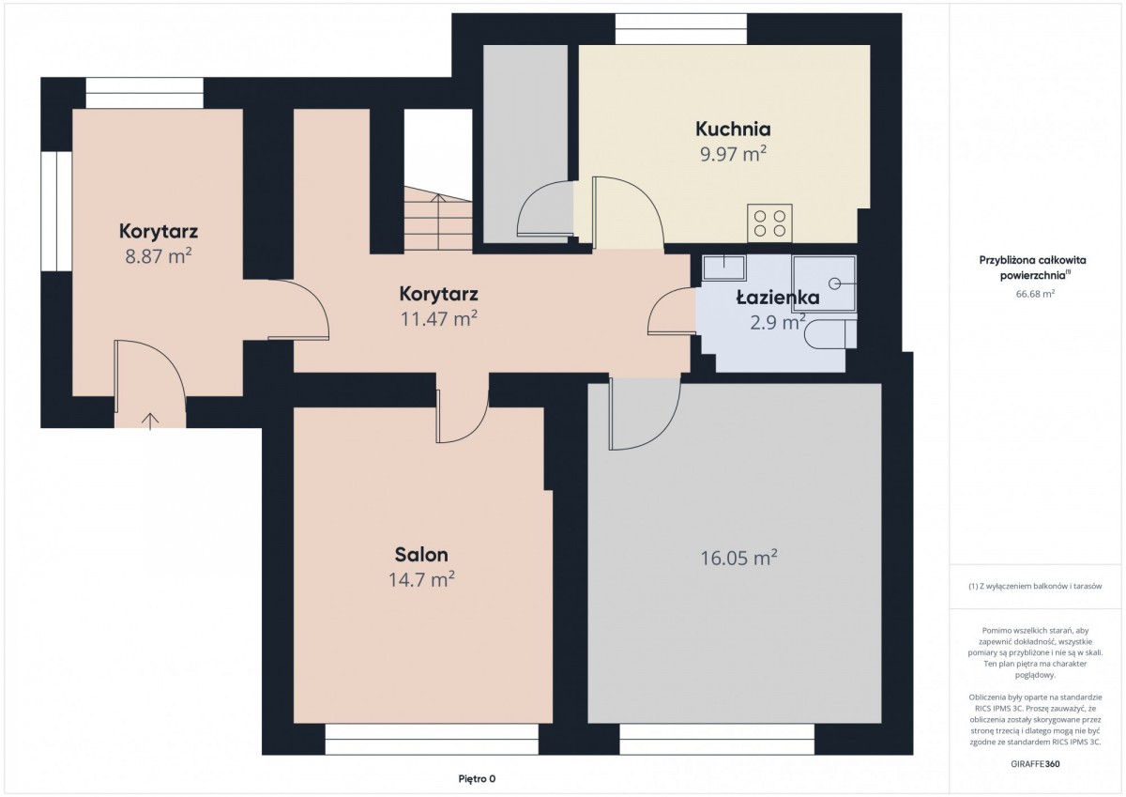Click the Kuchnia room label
coord(733,130)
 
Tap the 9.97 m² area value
coord(734,154)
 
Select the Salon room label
coord(421,555)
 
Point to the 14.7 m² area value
coord(421,579)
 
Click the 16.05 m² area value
coord(739,558)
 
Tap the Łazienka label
coord(778,298)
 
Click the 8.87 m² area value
coord(159,256)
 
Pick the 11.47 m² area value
coord(438,319)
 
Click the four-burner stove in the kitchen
coord(769,223)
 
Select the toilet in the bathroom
coord(829,334)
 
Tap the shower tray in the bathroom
coord(824,284)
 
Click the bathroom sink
coord(723,267)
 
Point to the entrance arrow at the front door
coord(150,421)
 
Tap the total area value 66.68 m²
coord(1035,294)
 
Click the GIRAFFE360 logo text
coord(1035,764)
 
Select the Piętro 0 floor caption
coord(477,779)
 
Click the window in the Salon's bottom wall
coord(432,739)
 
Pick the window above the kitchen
coord(681,29)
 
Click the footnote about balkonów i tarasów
coord(1035,587)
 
